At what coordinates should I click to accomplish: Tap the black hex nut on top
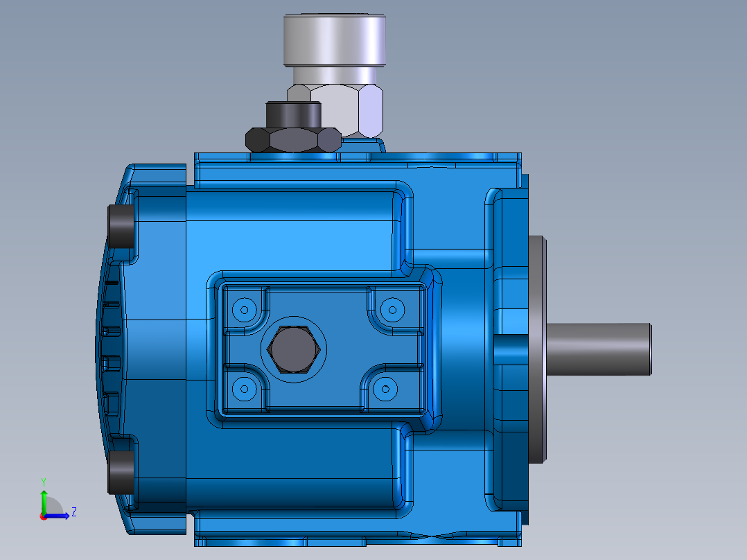pyautogui.click(x=294, y=140)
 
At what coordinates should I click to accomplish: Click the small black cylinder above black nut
pyautogui.click(x=294, y=114)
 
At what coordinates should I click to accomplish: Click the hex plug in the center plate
pyautogui.click(x=294, y=349)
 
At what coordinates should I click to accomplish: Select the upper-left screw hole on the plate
pyautogui.click(x=243, y=308)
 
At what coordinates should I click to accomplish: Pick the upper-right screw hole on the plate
pyautogui.click(x=392, y=308)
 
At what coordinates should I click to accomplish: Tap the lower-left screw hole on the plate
pyautogui.click(x=243, y=390)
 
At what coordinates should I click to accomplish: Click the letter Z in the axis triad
pyautogui.click(x=73, y=512)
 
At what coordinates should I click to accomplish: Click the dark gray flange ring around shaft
pyautogui.click(x=537, y=349)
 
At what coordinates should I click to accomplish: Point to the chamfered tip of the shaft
pyautogui.click(x=651, y=349)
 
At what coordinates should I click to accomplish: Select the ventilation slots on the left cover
pyautogui.click(x=109, y=347)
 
